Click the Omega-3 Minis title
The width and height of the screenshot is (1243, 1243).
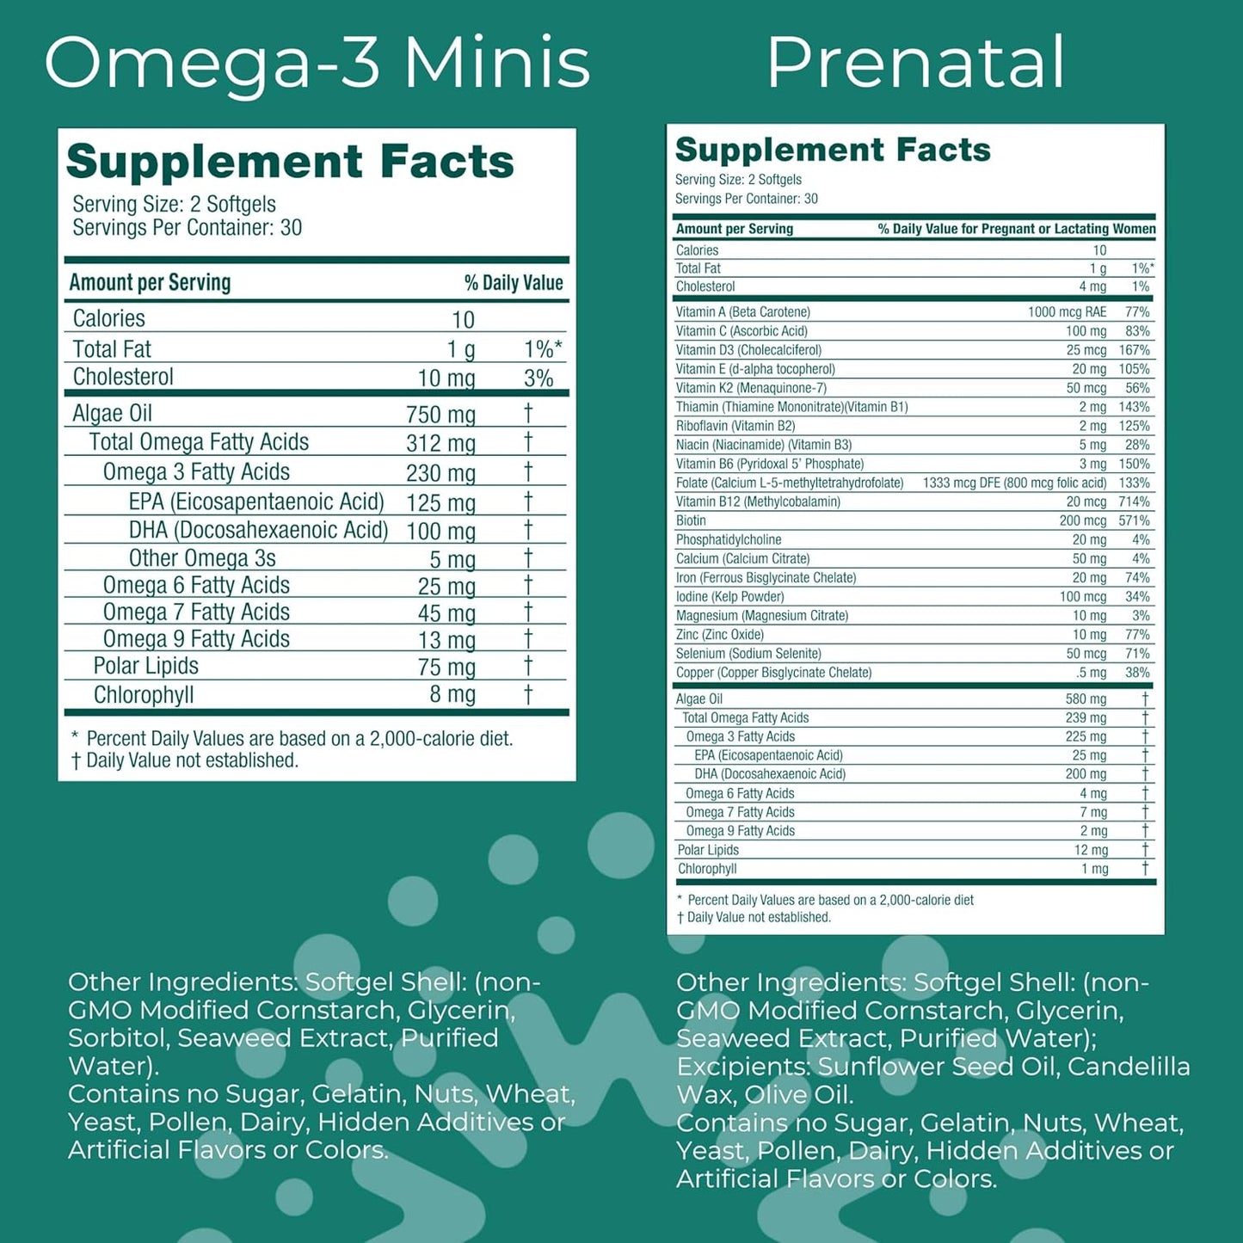pos(317,63)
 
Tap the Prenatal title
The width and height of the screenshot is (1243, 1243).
pos(915,63)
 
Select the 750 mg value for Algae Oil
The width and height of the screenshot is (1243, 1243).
pos(440,415)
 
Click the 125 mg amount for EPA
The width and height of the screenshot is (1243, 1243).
pos(440,503)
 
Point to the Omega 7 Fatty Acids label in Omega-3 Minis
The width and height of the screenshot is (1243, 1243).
pos(196,612)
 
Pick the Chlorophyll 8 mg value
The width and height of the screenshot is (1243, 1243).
pos(452,694)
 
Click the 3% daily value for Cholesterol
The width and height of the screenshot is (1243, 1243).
pos(538,378)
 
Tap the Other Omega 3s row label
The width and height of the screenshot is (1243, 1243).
pos(202,558)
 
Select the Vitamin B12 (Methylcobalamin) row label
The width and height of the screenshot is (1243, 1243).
pos(758,502)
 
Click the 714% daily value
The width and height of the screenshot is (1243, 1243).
pos(1134,502)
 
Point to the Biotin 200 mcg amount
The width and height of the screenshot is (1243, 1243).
pos(1083,520)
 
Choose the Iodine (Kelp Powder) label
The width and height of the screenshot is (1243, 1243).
pos(729,596)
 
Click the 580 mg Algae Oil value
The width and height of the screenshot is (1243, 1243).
pos(1086,699)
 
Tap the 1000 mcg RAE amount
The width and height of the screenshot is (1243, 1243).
pos(1067,311)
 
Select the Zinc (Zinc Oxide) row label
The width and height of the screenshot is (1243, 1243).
pos(720,635)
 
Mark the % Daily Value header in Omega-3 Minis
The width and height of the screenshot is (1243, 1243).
pos(514,283)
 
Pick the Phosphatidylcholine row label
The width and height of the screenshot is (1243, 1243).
pos(729,539)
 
